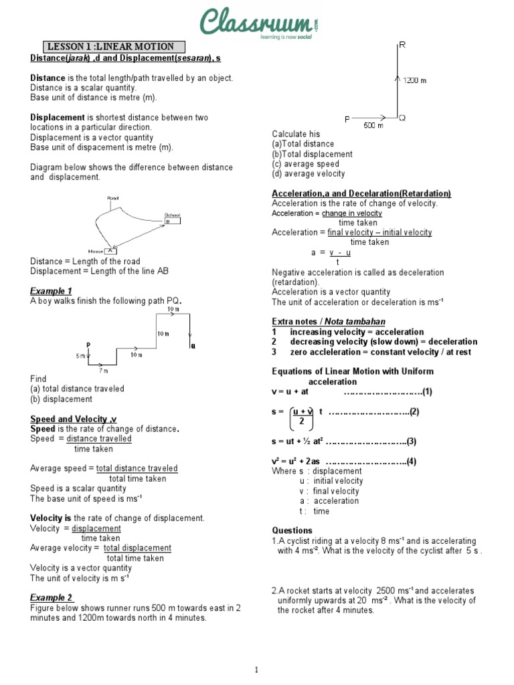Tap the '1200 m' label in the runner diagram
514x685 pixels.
(414, 80)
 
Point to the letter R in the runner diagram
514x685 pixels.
(402, 45)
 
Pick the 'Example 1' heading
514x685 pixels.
(52, 291)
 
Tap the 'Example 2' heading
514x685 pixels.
(52, 597)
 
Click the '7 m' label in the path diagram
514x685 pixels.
(104, 370)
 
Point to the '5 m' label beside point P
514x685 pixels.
(80, 356)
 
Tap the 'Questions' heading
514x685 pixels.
(292, 530)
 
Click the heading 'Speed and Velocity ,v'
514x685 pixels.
(74, 419)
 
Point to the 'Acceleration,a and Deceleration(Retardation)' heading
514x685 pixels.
(361, 193)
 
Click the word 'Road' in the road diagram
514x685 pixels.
(112, 199)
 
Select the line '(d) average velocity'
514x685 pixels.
(309, 174)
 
